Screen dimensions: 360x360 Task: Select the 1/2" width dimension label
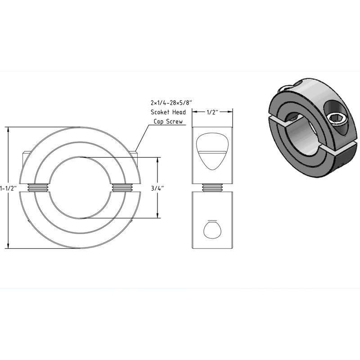coord(212,112)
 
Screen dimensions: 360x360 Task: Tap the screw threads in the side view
coord(212,187)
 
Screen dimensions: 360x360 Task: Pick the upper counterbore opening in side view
coord(212,150)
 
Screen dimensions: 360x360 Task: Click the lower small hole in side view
coord(212,229)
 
